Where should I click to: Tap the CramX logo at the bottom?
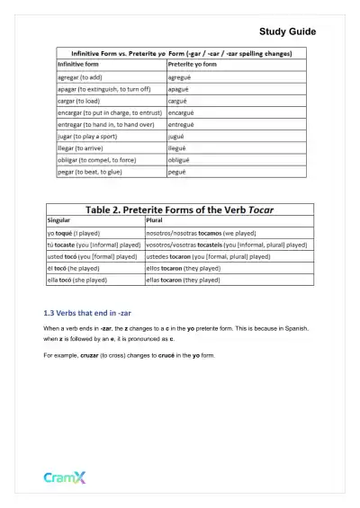[65, 477]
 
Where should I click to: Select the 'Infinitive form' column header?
[82, 65]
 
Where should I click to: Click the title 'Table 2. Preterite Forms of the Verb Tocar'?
[179, 209]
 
